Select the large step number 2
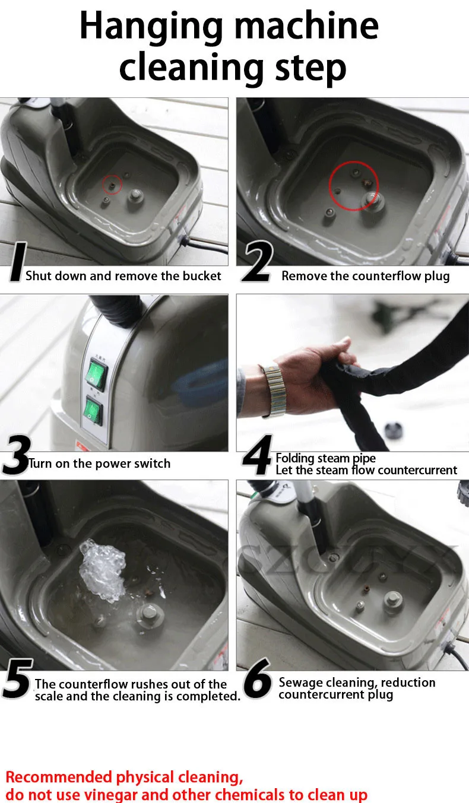[258, 261]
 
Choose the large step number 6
[256, 678]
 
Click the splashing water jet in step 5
[102, 570]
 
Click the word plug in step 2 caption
[437, 277]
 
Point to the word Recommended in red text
[59, 777]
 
